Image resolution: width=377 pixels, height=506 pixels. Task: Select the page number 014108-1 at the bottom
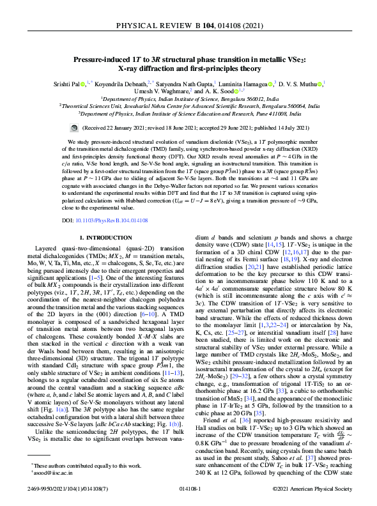point(188,488)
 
